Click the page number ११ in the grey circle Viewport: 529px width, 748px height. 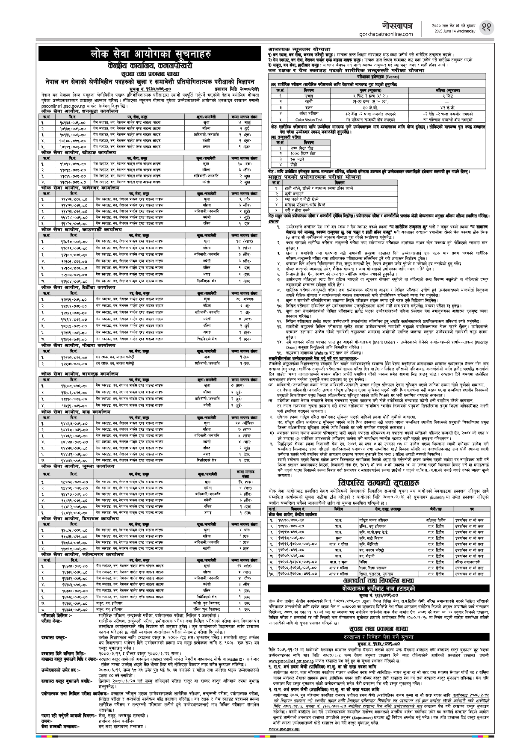click(486, 27)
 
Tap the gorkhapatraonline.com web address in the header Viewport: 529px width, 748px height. click(386, 34)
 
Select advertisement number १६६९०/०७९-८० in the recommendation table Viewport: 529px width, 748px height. click(293, 520)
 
